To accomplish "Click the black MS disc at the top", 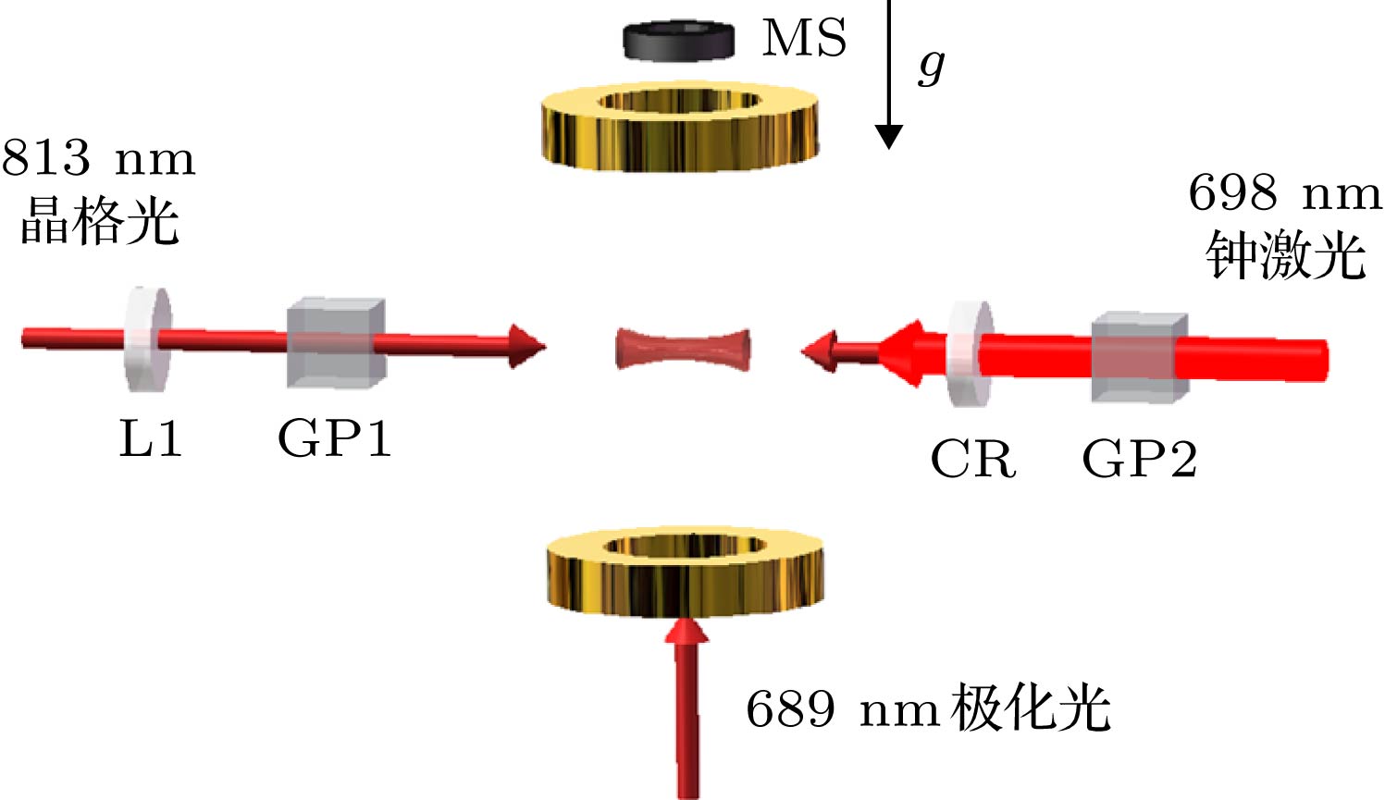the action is (x=678, y=41).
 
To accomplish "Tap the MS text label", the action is (x=804, y=38).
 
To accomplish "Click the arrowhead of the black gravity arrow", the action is (x=888, y=137).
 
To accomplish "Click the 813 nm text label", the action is (x=98, y=158).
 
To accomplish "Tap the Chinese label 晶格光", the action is (x=100, y=221).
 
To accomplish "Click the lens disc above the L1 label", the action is (x=147, y=338).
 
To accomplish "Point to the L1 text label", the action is (x=150, y=438).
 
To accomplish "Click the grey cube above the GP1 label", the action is (x=337, y=343).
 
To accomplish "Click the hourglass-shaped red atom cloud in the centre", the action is (x=683, y=350).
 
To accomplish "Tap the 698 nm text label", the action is (x=1285, y=193).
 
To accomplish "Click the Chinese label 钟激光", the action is (x=1286, y=254).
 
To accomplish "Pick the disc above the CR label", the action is (x=971, y=353).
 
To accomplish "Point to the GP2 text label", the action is (x=1140, y=458).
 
